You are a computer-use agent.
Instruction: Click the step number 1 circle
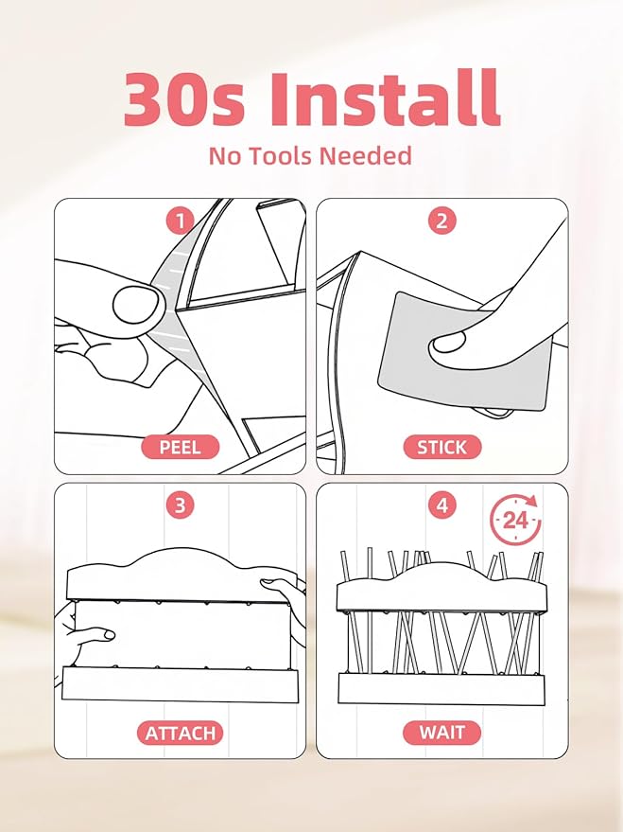[181, 221]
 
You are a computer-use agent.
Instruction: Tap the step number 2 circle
[441, 221]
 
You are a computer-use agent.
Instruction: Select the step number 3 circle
[181, 505]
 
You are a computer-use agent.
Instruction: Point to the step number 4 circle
[441, 505]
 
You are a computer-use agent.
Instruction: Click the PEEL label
[181, 447]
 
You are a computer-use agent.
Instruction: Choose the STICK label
[441, 447]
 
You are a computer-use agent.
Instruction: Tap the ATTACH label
[181, 733]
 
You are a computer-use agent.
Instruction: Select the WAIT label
[441, 733]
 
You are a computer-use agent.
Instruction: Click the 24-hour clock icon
[515, 520]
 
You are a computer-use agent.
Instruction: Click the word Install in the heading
[385, 98]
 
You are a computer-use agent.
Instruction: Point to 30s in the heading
[183, 99]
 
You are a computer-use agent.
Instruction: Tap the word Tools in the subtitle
[283, 156]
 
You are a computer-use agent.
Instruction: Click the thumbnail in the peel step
[136, 305]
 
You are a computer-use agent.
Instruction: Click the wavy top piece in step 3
[181, 575]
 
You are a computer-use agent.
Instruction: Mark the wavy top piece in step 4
[441, 588]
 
